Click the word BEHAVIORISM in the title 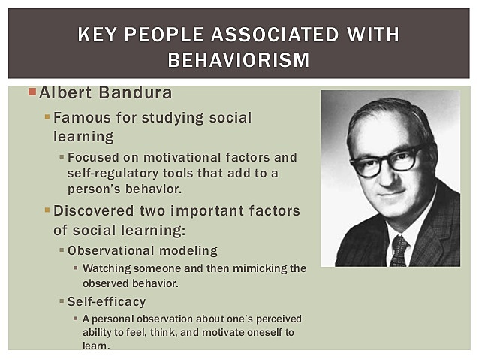(239, 59)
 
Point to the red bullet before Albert (32, 92)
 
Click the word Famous (81, 118)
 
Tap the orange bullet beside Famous (47, 117)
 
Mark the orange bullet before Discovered (47, 210)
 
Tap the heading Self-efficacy (107, 301)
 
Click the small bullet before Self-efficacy (62, 301)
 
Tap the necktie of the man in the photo (399, 250)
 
